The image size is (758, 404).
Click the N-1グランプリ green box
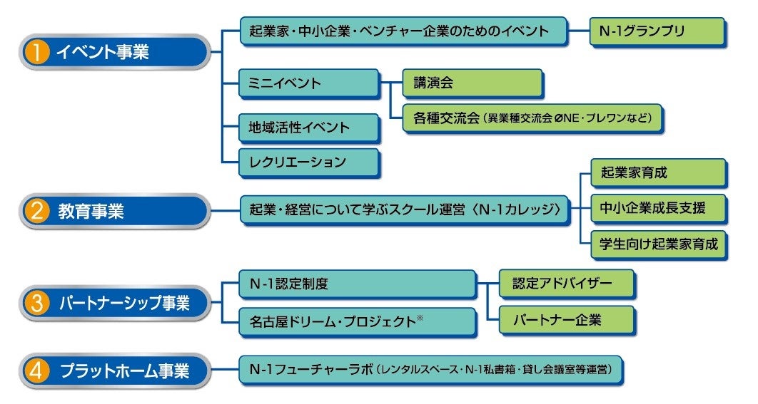coord(657,31)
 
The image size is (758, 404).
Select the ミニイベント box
coord(308,83)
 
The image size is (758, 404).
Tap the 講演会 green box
coord(472,83)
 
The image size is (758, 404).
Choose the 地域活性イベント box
coord(308,128)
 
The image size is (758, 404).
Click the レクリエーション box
coord(308,162)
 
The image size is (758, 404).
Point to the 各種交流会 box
coord(532,118)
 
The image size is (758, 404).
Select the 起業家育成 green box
coord(657,173)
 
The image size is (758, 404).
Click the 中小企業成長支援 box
coord(657,209)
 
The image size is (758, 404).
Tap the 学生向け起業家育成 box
coord(657,244)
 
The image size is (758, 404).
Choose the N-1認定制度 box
coord(357,284)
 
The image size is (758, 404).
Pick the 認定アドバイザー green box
coord(566,284)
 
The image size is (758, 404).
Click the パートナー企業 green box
coord(566,320)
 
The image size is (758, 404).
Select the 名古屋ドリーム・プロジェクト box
coord(357,321)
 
